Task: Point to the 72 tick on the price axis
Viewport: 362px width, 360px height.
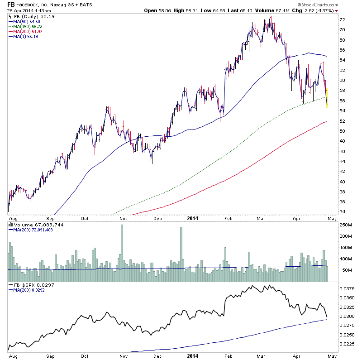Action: (x=343, y=20)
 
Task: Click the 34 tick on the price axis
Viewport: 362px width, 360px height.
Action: (x=343, y=212)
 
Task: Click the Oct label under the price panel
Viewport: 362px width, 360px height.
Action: (x=84, y=217)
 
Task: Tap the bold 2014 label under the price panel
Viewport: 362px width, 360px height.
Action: (x=193, y=217)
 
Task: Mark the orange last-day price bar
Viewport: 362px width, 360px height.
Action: (x=327, y=98)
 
